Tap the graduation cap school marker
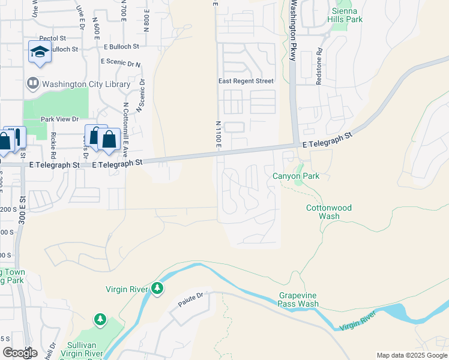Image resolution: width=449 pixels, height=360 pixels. point(40,52)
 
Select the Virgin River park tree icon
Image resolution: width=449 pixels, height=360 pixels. point(157,289)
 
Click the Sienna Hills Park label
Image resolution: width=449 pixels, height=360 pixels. point(345,15)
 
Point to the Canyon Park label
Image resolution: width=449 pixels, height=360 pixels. point(296,176)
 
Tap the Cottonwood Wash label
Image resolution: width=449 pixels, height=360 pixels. point(329,212)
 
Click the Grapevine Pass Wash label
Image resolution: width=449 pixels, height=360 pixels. point(298,299)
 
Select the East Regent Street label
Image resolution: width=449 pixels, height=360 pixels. point(246,81)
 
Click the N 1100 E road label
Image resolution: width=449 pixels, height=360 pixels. point(218,134)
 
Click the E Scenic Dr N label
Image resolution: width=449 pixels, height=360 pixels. point(121,62)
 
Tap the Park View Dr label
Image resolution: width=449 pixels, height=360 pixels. point(59,119)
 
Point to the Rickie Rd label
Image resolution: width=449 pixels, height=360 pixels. point(53,146)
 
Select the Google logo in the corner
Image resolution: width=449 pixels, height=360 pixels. point(20,353)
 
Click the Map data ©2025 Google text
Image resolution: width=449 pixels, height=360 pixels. point(412,355)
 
